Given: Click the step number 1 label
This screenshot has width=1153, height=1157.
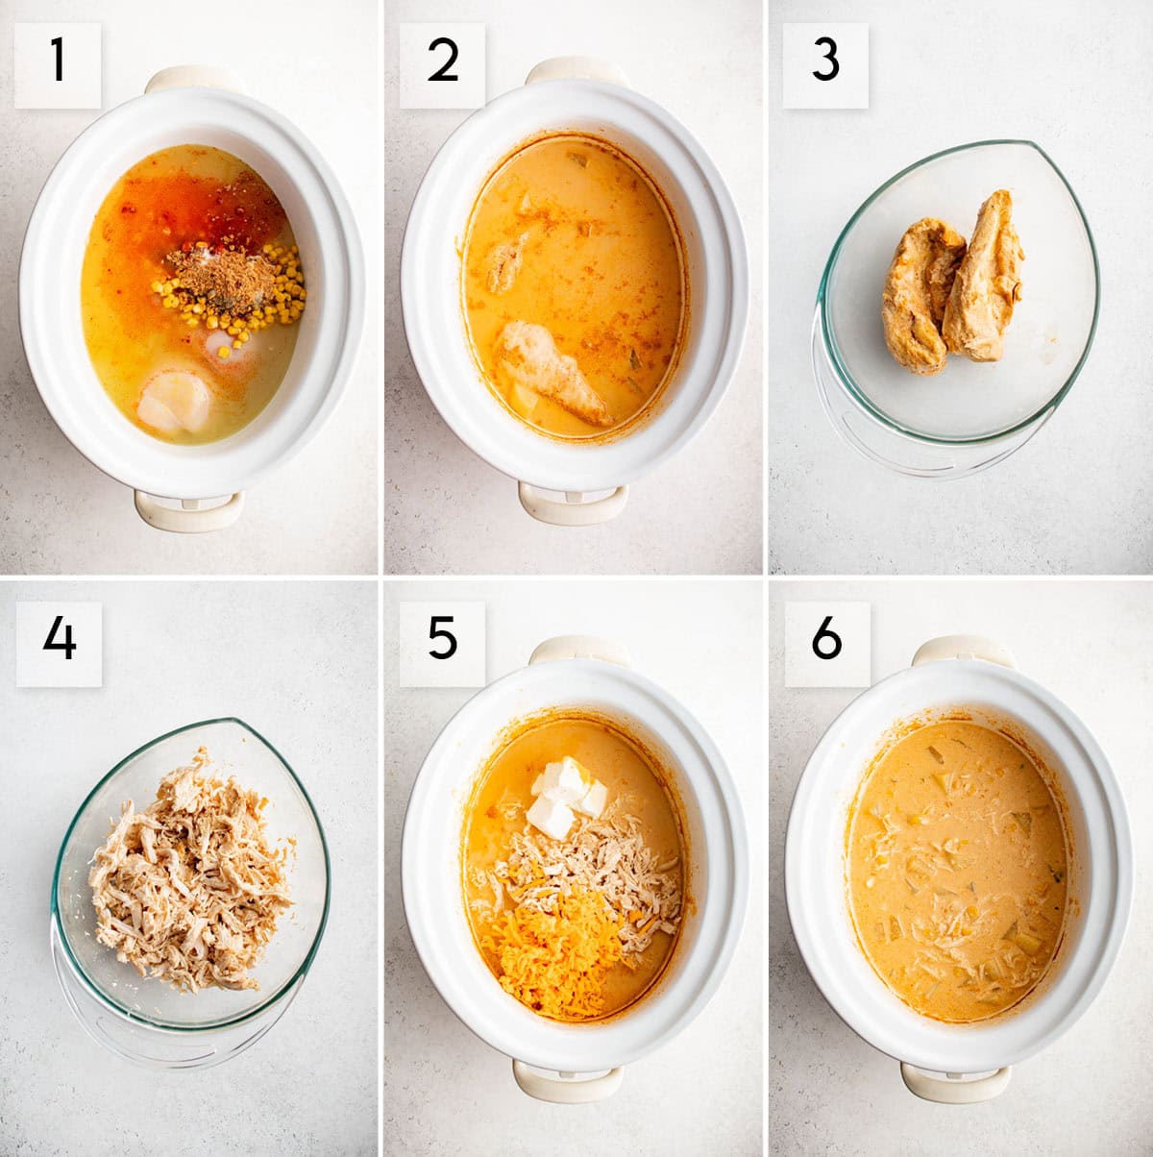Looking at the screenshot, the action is (x=58, y=65).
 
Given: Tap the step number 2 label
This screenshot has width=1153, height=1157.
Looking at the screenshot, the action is (x=442, y=65).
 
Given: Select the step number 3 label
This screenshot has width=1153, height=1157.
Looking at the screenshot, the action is (x=825, y=65).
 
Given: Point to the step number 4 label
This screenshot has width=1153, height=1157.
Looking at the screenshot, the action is (x=59, y=644).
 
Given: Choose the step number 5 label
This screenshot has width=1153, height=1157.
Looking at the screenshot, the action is (x=442, y=644).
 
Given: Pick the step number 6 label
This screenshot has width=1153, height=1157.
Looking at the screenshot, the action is (x=826, y=644).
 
